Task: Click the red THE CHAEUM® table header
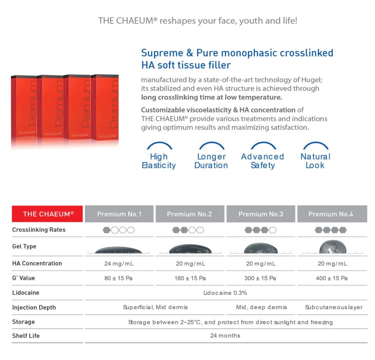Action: click(48, 214)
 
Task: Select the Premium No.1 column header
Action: click(119, 214)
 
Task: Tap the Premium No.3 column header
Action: click(261, 214)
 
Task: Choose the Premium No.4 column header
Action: click(330, 214)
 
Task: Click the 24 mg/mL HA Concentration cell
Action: click(119, 264)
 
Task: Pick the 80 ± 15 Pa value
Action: click(119, 278)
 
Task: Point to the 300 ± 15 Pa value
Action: click(260, 278)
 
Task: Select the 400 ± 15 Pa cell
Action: click(331, 278)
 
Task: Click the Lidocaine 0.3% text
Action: click(225, 293)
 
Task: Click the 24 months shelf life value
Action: click(225, 336)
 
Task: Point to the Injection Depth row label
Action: click(34, 307)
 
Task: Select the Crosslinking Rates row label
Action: click(39, 229)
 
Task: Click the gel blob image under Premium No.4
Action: click(331, 248)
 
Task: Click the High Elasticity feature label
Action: click(159, 161)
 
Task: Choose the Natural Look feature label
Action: click(315, 161)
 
